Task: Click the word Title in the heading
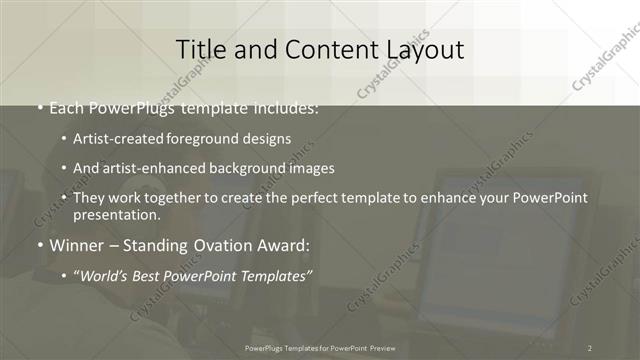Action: pyautogui.click(x=198, y=49)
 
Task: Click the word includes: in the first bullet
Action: pyautogui.click(x=286, y=108)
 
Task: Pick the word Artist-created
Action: pyautogui.click(x=117, y=138)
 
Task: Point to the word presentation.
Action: pyautogui.click(x=116, y=214)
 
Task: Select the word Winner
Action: pyautogui.click(x=76, y=244)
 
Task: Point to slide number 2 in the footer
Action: pyautogui.click(x=590, y=348)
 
